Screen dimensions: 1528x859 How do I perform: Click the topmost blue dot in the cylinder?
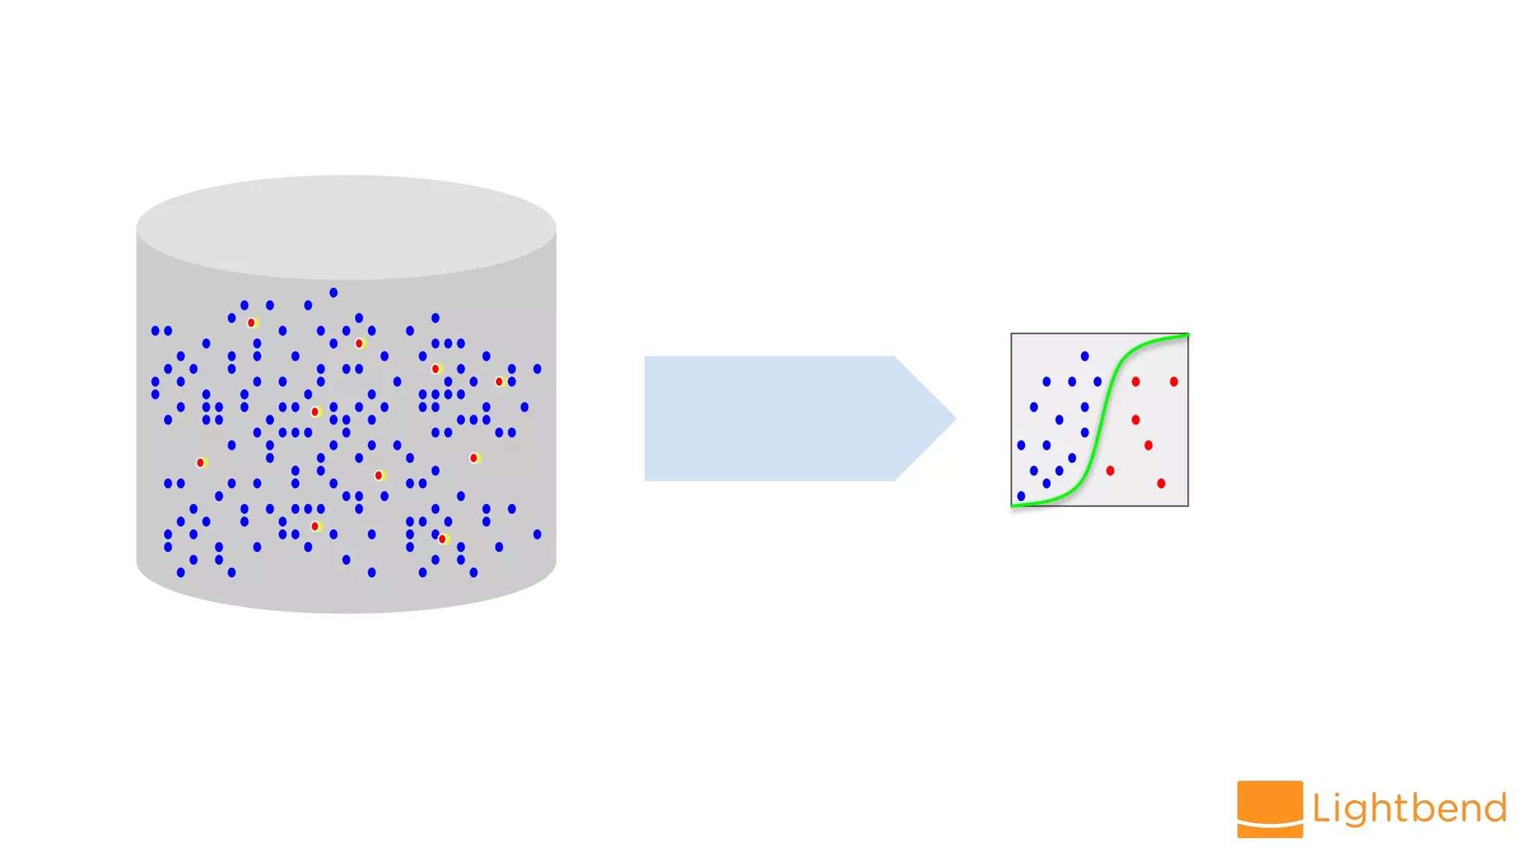coord(334,292)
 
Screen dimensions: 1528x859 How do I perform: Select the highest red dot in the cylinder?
coord(251,323)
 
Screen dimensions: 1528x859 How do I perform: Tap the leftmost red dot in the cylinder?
coord(200,462)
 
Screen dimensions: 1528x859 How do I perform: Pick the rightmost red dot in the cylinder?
coord(499,382)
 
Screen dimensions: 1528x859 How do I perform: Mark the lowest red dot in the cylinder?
coord(442,539)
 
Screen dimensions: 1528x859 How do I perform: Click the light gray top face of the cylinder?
coord(346,227)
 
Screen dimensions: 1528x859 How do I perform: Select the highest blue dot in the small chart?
coord(1085,356)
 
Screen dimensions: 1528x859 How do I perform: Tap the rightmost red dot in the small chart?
coord(1174,382)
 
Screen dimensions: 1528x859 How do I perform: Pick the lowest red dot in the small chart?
coord(1161,483)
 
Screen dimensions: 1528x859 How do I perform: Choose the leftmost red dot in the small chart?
coord(1110,471)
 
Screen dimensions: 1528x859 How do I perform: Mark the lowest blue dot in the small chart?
coord(1021,496)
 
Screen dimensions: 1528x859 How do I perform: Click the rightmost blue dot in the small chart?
coord(1098,382)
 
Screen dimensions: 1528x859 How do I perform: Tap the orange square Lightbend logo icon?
coord(1270,809)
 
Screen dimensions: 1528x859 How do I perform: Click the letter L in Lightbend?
coord(1321,808)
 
